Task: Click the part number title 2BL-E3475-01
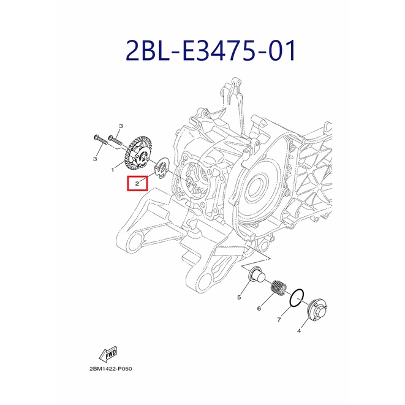211,50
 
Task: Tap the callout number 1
113,170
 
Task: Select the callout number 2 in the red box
137,184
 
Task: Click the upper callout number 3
121,126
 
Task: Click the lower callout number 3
95,159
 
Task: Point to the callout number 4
299,331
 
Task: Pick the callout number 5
239,297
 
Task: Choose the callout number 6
259,308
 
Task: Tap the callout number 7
279,319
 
